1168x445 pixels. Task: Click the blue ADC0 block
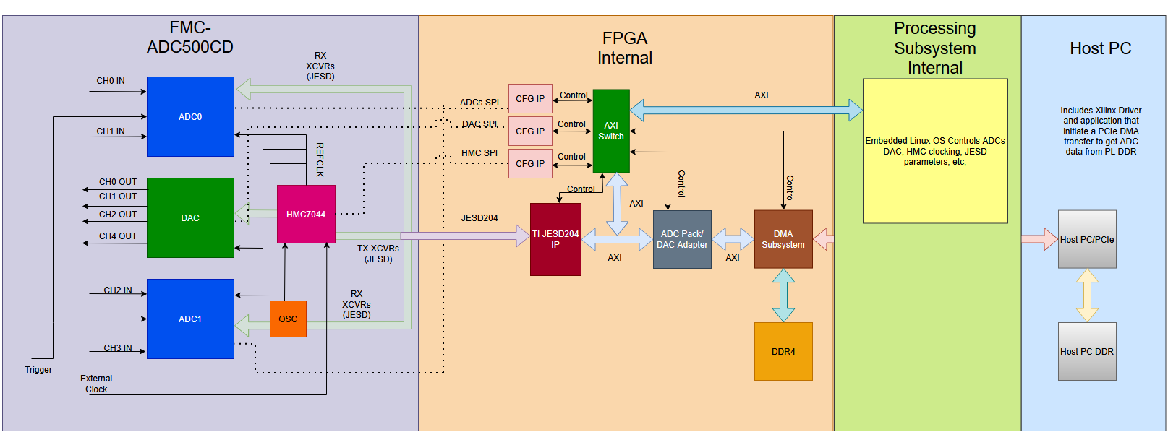click(x=190, y=116)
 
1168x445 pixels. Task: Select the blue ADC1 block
click(x=190, y=319)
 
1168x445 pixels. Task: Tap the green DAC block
click(x=190, y=217)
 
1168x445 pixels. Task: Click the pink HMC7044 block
click(x=306, y=214)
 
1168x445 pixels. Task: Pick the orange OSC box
click(x=288, y=319)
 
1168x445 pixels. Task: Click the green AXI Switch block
click(x=611, y=131)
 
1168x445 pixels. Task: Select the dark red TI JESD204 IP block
click(x=555, y=239)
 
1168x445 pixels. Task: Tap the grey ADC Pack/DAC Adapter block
click(x=682, y=239)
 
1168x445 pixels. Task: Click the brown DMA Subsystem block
click(x=783, y=239)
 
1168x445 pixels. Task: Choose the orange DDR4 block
click(x=783, y=351)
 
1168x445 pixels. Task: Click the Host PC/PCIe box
click(x=1087, y=239)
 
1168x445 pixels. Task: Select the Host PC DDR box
click(x=1087, y=351)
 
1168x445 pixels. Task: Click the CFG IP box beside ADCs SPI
click(x=530, y=98)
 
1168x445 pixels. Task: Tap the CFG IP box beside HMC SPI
click(x=530, y=163)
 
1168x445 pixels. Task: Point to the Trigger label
click(x=38, y=370)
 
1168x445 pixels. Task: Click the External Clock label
click(x=96, y=384)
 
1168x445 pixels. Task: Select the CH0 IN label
click(x=111, y=81)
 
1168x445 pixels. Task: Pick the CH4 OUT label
click(x=118, y=236)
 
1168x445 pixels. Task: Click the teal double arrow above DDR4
click(x=783, y=295)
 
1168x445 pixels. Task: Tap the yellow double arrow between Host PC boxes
click(x=1087, y=295)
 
